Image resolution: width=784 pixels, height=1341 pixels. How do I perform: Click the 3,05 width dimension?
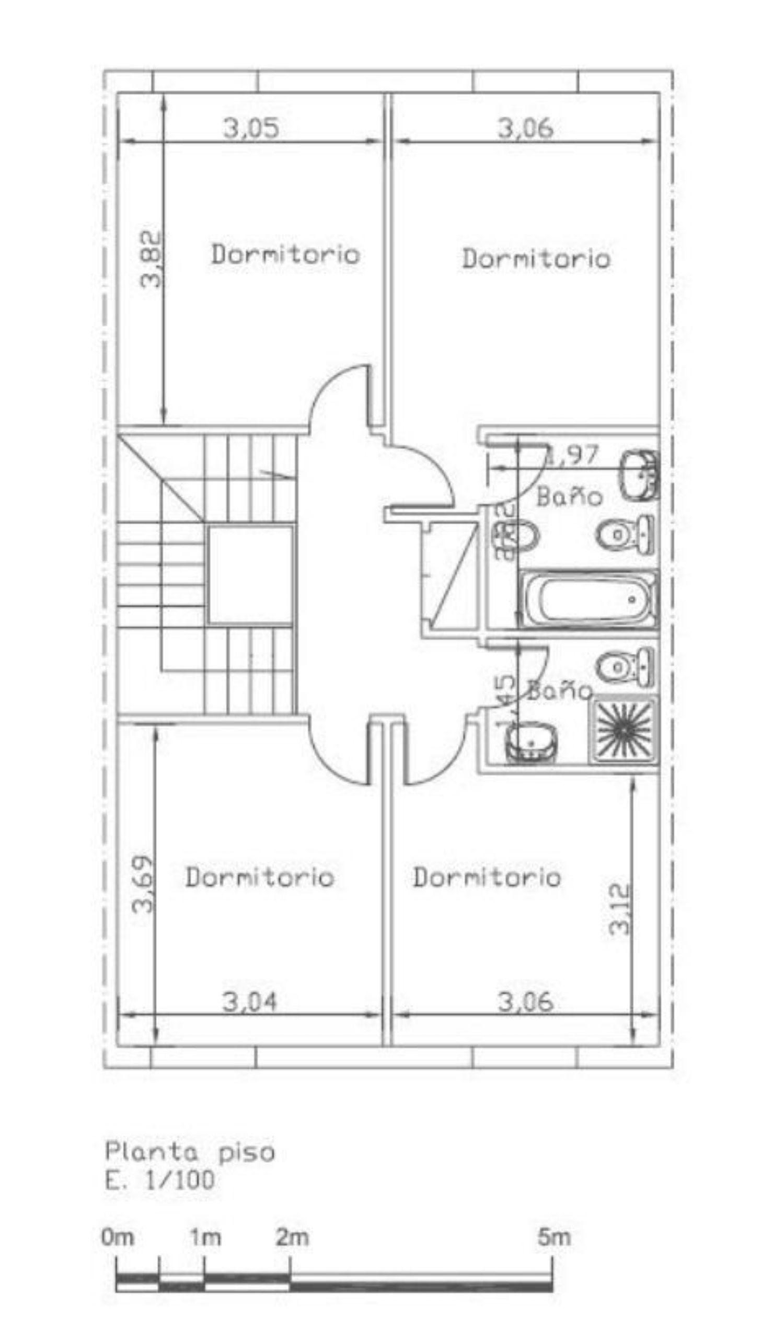pos(251,128)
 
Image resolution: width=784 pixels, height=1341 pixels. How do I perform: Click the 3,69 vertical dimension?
pos(143,884)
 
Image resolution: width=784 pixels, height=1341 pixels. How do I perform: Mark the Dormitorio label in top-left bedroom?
pos(285,255)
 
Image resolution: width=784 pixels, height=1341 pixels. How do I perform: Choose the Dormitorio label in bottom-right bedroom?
pos(487,877)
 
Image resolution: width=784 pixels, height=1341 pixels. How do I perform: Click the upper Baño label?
pos(569,497)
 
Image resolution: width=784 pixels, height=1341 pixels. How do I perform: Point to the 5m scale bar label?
pos(554,1238)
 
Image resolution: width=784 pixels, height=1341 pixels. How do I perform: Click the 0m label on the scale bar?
pos(118,1238)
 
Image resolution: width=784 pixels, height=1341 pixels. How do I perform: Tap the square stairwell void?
pos(250,574)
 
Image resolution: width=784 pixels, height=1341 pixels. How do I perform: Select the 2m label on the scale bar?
pos(292,1238)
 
